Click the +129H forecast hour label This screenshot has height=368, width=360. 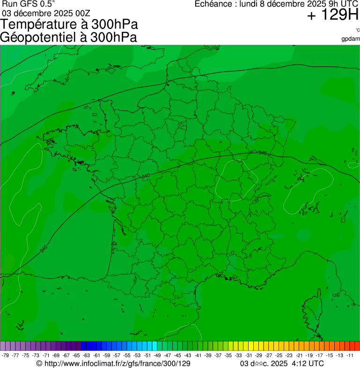tap(333, 15)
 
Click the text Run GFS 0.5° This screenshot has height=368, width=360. tap(29, 4)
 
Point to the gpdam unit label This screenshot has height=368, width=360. tap(351, 38)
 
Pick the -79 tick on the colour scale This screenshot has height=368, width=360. tap(5, 355)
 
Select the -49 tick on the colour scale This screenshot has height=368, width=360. tap(157, 355)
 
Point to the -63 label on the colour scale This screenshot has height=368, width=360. tap(86, 355)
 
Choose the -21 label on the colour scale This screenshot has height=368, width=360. tap(299, 355)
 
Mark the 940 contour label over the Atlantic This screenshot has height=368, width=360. tap(43, 249)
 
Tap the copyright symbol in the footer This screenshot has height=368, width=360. tap(39, 363)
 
